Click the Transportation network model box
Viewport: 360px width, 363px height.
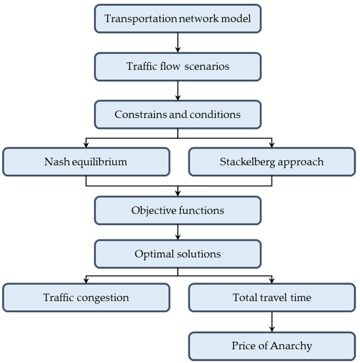(x=178, y=18)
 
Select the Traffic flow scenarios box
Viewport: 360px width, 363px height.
(x=178, y=65)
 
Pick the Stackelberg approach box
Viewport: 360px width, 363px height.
(x=271, y=161)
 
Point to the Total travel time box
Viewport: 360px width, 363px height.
(x=271, y=298)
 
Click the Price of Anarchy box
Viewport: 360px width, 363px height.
(x=271, y=346)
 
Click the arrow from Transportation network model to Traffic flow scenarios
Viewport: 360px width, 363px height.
(x=178, y=42)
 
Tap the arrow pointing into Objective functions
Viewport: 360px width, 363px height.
(x=178, y=191)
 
